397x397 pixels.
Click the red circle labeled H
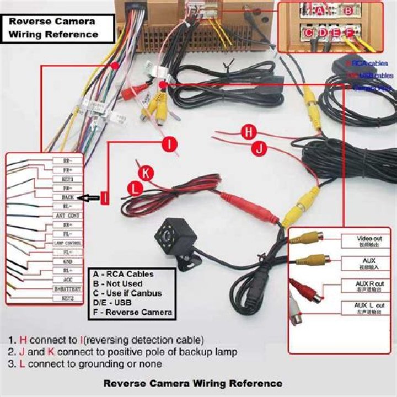point(250,132)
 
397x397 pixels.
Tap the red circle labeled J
point(259,147)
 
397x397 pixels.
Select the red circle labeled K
point(146,172)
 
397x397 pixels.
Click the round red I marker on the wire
point(170,144)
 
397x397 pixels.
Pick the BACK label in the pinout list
point(67,197)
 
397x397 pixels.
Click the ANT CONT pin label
point(67,216)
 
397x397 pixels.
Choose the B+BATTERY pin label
point(67,288)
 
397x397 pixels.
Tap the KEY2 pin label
point(67,298)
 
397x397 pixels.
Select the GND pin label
point(67,261)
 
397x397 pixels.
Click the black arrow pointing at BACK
point(88,197)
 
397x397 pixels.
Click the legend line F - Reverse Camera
point(133,313)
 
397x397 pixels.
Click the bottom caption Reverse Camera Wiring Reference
point(193,383)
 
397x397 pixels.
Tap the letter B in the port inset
point(348,10)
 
